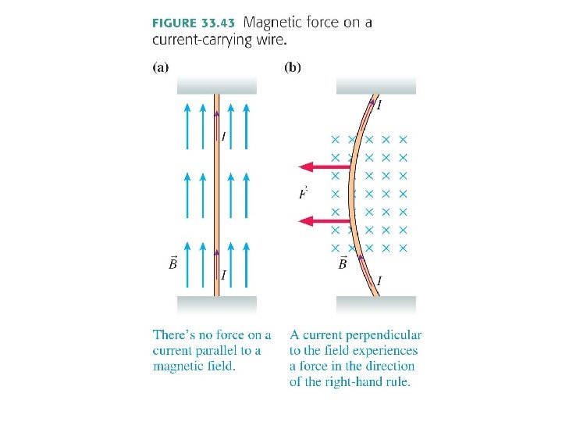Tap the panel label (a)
(x=159, y=67)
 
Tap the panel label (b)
(x=292, y=67)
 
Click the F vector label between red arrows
(x=303, y=193)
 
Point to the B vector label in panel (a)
(x=173, y=263)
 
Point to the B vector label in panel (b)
(x=343, y=263)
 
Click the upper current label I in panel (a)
(x=224, y=138)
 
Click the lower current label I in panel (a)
(x=224, y=275)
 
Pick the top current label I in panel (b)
(x=379, y=105)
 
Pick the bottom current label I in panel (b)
(x=379, y=281)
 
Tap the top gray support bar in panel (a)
(x=217, y=85)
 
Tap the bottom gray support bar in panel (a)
(x=217, y=305)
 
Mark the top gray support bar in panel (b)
(x=375, y=85)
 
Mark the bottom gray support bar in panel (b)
(x=375, y=305)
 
